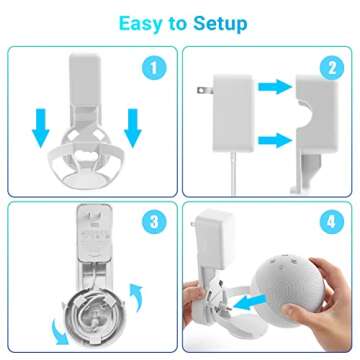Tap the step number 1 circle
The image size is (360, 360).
click(153, 69)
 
